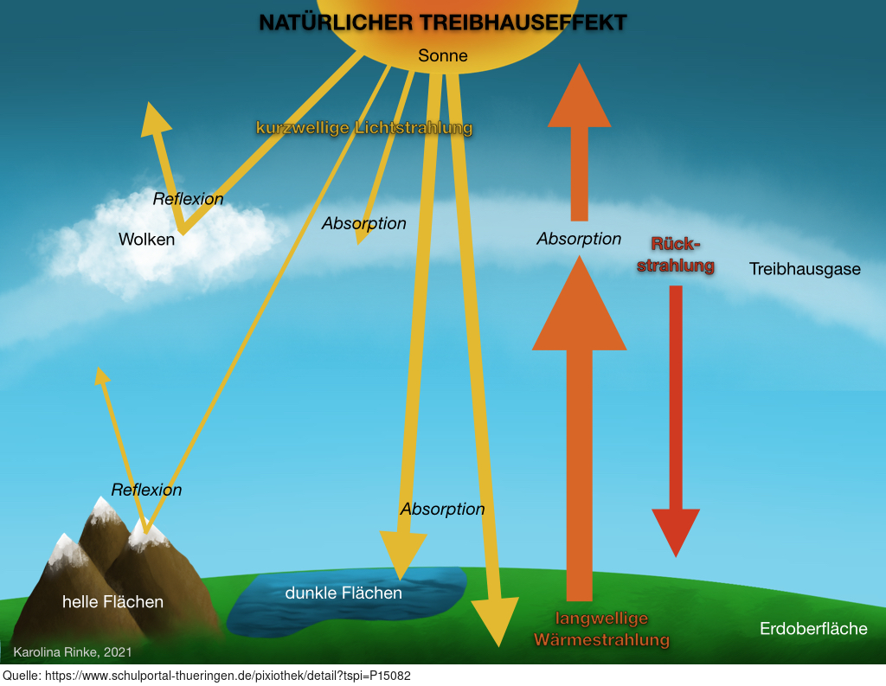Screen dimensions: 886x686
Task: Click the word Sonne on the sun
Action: pos(442,55)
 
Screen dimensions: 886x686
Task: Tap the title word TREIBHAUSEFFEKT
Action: pos(523,22)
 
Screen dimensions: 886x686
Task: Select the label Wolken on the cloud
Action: pos(146,239)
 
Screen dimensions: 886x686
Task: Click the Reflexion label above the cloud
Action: pos(188,199)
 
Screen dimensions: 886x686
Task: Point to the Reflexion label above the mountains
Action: pos(146,490)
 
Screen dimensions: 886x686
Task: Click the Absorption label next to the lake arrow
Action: pos(442,509)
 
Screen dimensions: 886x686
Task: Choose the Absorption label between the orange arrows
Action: pos(579,239)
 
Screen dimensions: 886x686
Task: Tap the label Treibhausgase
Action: pos(805,269)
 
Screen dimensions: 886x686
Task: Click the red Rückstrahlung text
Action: pos(675,255)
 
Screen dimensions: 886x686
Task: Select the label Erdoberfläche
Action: pos(813,628)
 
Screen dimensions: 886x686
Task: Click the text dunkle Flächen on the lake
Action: pos(343,593)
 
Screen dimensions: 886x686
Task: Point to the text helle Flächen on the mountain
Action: pos(112,602)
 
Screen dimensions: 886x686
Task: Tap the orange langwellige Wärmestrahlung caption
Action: pos(602,629)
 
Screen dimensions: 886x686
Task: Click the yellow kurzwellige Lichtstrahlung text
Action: pos(364,128)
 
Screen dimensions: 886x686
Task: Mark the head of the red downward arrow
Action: pos(676,532)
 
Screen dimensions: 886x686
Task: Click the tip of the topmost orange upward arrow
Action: pos(579,63)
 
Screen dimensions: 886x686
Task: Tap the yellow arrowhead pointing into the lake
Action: pos(401,556)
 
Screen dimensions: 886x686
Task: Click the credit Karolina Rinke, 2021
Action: pos(73,652)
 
